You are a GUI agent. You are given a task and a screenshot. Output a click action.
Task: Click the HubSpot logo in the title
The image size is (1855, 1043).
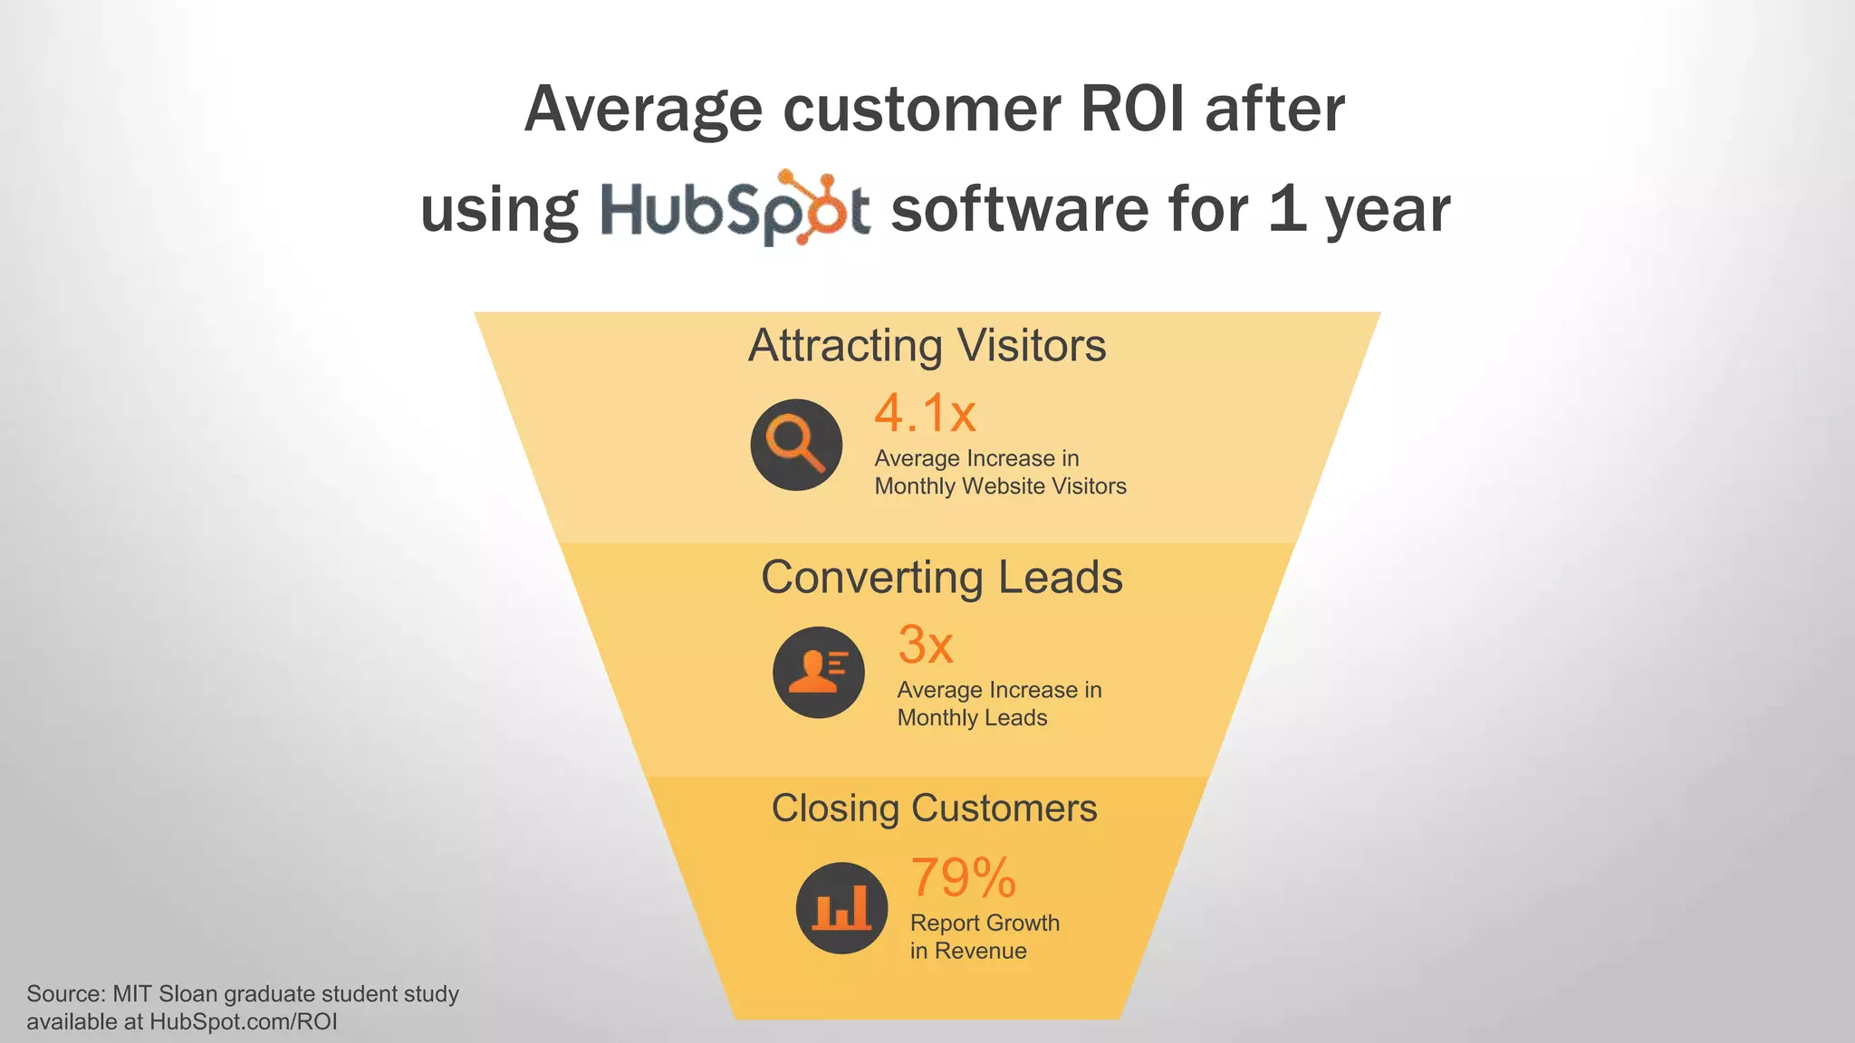tap(735, 209)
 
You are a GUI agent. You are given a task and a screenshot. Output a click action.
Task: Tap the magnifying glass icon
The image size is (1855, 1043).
tap(796, 445)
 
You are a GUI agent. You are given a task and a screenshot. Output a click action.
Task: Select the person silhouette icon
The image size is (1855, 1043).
tap(819, 673)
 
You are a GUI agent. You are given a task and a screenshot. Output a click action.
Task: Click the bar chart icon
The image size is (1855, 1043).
tap(841, 908)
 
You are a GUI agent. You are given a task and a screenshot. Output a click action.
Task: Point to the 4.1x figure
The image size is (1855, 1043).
tap(925, 413)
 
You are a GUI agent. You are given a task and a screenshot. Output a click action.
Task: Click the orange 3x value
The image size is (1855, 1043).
tap(925, 645)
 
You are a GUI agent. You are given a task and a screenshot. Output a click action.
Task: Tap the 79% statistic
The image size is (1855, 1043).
tap(963, 877)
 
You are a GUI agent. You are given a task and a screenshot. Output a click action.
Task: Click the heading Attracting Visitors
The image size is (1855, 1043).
tap(927, 346)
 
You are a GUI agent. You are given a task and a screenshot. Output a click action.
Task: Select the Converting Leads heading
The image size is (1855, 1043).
tap(941, 578)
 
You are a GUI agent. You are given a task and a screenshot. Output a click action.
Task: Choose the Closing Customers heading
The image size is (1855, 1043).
tap(934, 809)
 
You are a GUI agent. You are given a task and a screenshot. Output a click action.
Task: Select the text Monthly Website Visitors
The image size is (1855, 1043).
tap(1000, 487)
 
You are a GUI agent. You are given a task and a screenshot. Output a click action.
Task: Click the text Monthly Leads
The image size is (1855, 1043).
tap(972, 718)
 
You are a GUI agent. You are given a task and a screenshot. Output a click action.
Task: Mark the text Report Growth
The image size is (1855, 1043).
tap(985, 923)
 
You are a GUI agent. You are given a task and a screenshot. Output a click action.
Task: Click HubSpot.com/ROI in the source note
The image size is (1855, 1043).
tap(244, 1022)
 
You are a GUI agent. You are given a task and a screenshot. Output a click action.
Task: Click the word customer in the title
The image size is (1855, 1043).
tap(921, 110)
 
